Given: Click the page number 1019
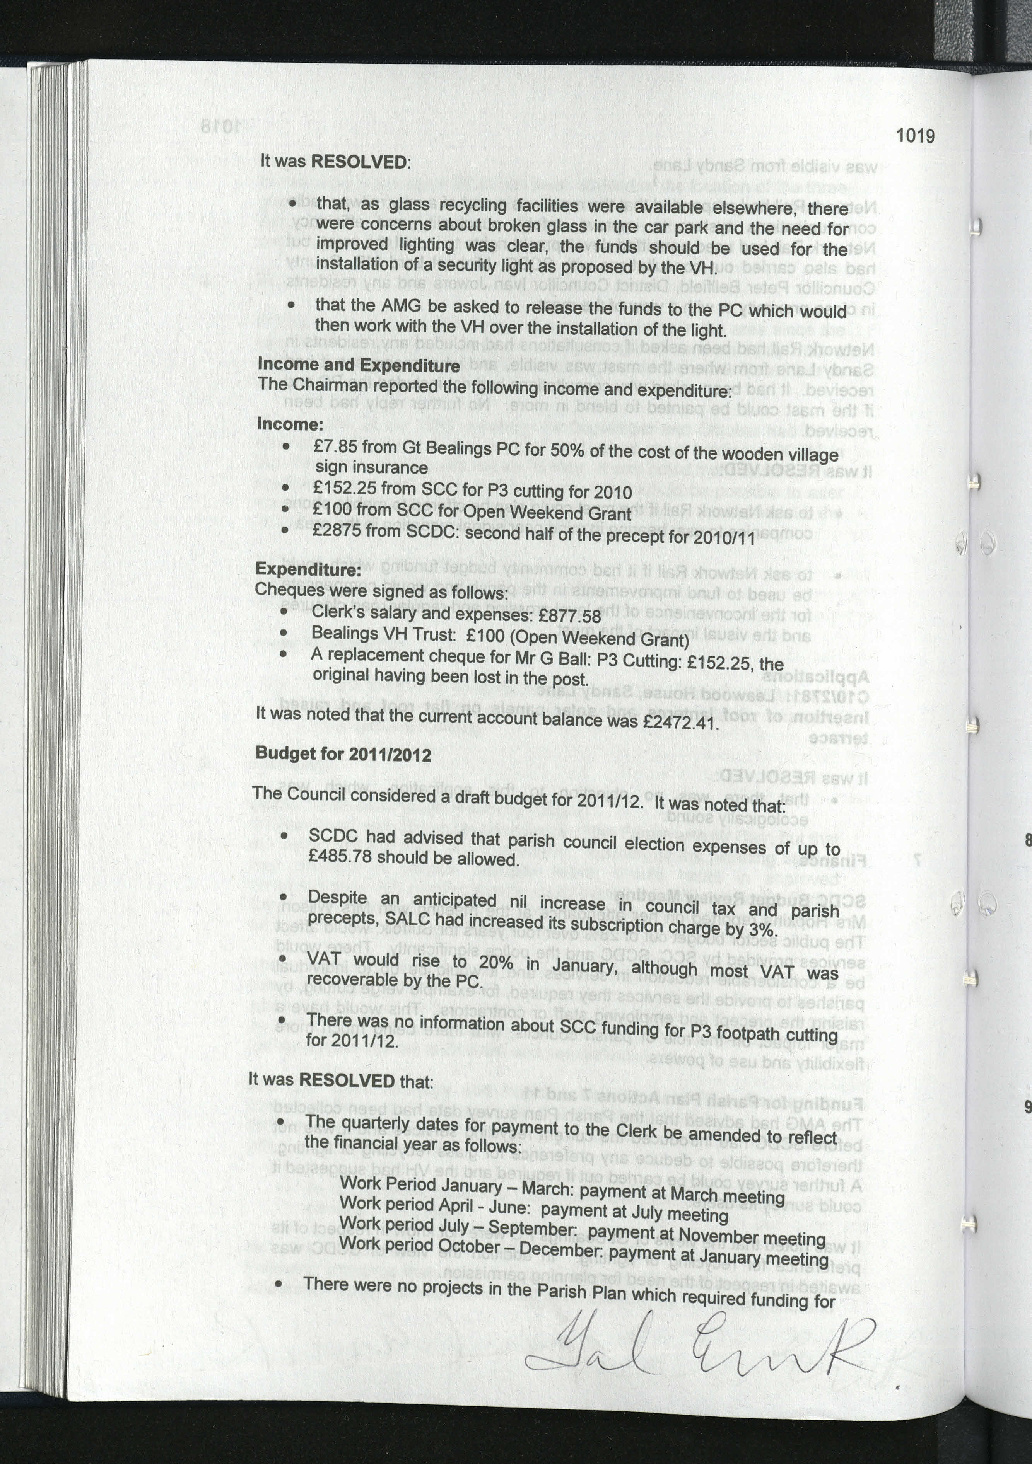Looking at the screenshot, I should [915, 136].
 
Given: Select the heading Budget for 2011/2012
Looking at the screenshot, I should [343, 754].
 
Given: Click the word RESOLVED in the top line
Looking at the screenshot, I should [359, 161].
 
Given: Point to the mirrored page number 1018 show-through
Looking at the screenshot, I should [221, 126].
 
